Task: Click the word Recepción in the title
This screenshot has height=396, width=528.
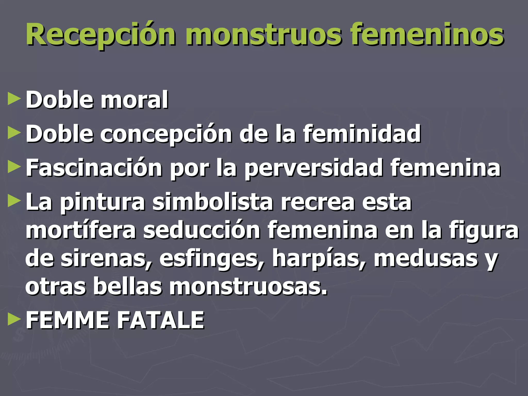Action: click(x=101, y=35)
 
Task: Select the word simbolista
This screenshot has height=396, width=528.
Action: click(x=213, y=203)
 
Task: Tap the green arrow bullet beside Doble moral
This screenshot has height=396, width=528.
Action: click(x=14, y=100)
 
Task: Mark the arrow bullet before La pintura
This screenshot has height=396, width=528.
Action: click(x=14, y=201)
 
